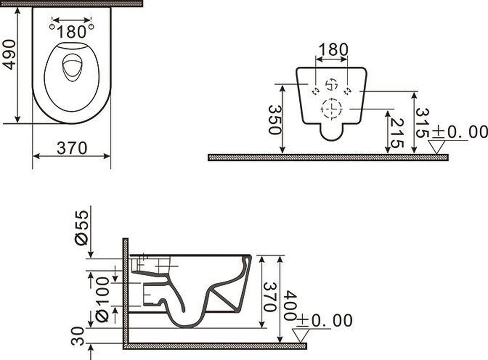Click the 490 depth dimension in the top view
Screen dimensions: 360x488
click(x=9, y=54)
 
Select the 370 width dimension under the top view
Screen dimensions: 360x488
click(x=72, y=148)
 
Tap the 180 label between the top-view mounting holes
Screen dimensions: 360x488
click(x=72, y=31)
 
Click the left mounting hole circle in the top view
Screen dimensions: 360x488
click(x=52, y=27)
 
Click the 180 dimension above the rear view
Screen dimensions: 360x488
click(x=333, y=50)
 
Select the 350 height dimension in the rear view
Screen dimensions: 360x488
click(x=274, y=120)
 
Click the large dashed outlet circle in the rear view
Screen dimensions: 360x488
click(x=331, y=109)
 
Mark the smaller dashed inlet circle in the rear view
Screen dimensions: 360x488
click(x=332, y=85)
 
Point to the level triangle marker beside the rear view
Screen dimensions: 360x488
click(x=437, y=146)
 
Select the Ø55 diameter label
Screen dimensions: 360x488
click(x=82, y=227)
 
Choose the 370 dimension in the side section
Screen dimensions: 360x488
click(x=269, y=297)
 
